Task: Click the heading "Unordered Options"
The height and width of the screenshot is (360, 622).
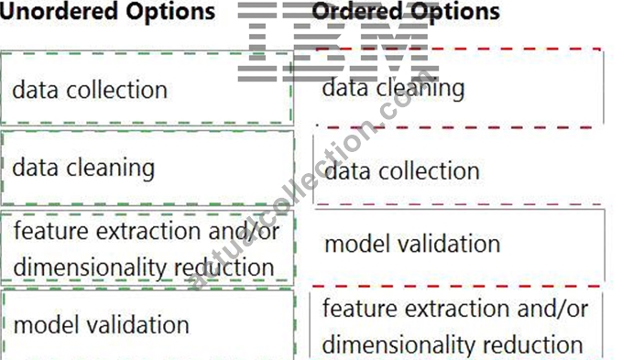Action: pyautogui.click(x=107, y=12)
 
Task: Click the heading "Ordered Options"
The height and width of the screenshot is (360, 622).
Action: pyautogui.click(x=406, y=12)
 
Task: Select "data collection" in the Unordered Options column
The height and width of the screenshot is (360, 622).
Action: pyautogui.click(x=90, y=90)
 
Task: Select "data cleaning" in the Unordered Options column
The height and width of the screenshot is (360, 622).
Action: pyautogui.click(x=83, y=169)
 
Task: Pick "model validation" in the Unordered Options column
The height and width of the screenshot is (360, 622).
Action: pyautogui.click(x=101, y=325)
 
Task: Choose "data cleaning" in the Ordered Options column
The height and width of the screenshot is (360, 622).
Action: pyautogui.click(x=393, y=88)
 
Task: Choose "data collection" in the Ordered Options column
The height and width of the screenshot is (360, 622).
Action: pyautogui.click(x=402, y=171)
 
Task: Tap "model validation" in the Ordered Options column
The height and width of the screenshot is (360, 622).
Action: pyautogui.click(x=412, y=244)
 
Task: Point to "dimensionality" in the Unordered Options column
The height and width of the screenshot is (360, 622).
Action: pyautogui.click(x=90, y=267)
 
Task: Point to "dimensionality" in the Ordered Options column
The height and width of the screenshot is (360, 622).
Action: pyautogui.click(x=398, y=345)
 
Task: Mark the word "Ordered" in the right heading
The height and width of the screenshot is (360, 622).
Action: pyautogui.click(x=357, y=12)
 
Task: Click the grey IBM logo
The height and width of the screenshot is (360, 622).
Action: pyautogui.click(x=338, y=41)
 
